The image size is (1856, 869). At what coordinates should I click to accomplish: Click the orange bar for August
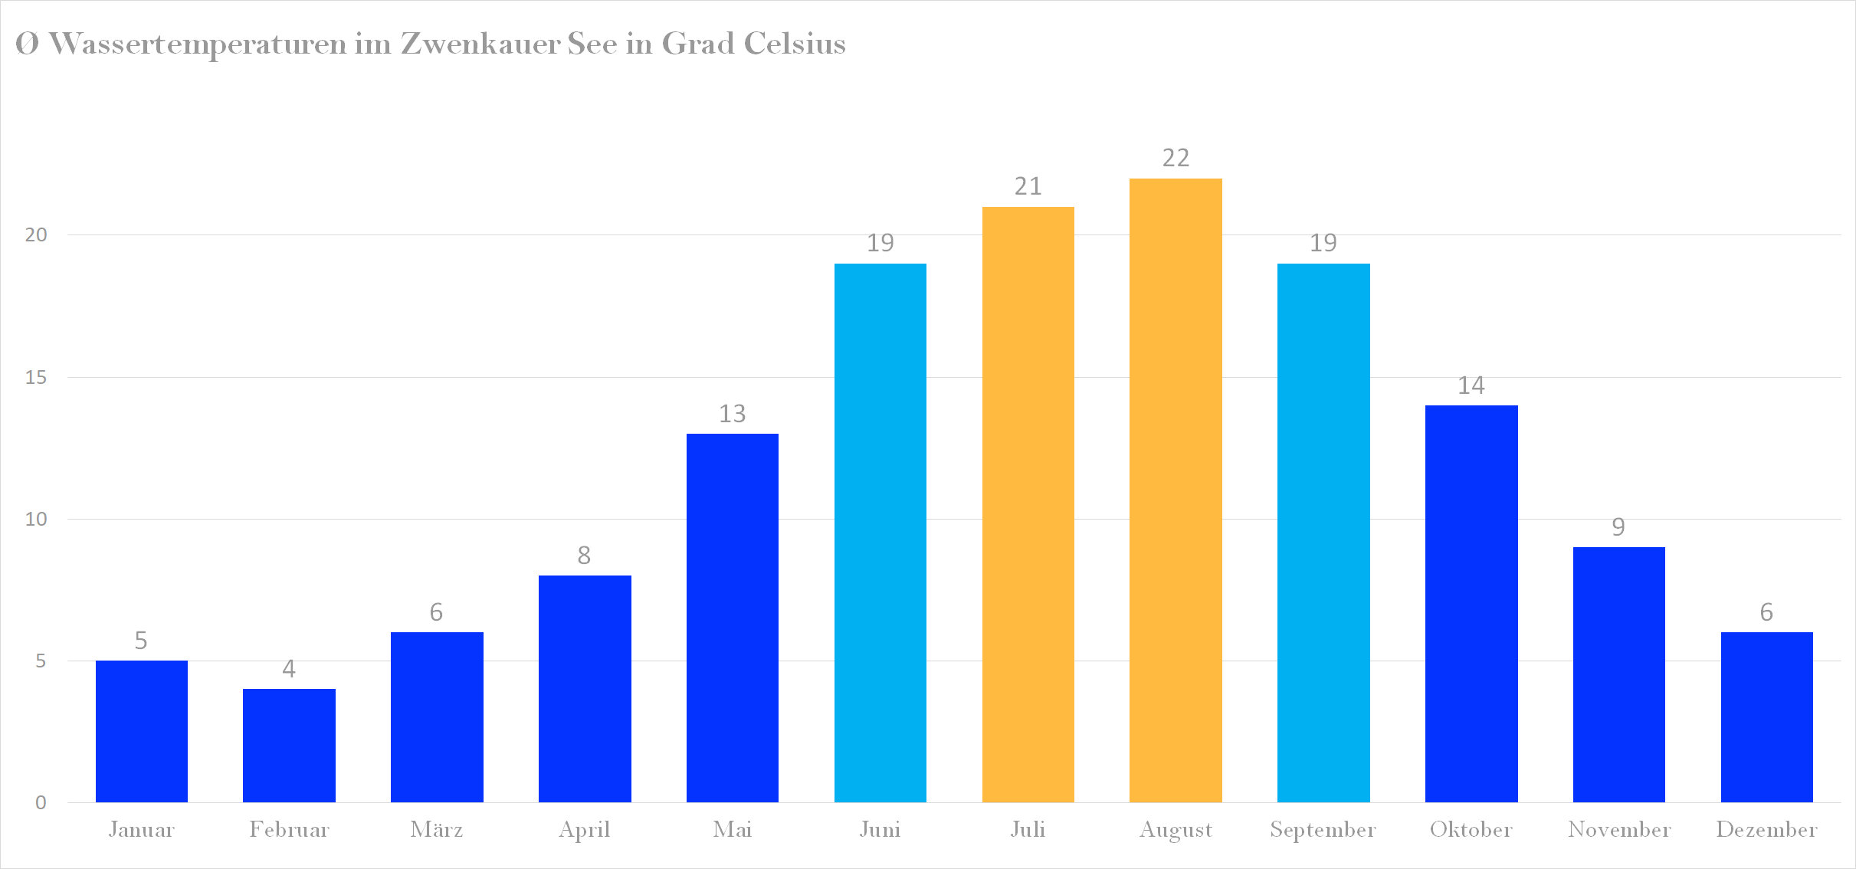[x=1176, y=490]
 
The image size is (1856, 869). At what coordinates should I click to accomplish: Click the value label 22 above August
[x=1176, y=158]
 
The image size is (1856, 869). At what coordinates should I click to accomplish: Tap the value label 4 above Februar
[x=289, y=669]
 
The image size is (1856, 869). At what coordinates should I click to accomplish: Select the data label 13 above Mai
[x=732, y=414]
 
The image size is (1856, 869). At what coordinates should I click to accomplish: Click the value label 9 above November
[x=1618, y=527]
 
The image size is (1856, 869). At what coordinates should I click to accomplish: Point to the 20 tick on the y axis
[x=36, y=234]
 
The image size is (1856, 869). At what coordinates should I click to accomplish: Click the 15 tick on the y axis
[x=36, y=377]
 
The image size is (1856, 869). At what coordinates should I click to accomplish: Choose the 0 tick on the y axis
[x=41, y=802]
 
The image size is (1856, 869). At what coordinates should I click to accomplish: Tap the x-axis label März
[x=437, y=830]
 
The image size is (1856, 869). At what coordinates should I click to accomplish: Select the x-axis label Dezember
[x=1766, y=830]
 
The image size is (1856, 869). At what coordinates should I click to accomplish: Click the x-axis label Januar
[x=142, y=830]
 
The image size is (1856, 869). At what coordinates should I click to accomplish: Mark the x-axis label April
[x=585, y=830]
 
